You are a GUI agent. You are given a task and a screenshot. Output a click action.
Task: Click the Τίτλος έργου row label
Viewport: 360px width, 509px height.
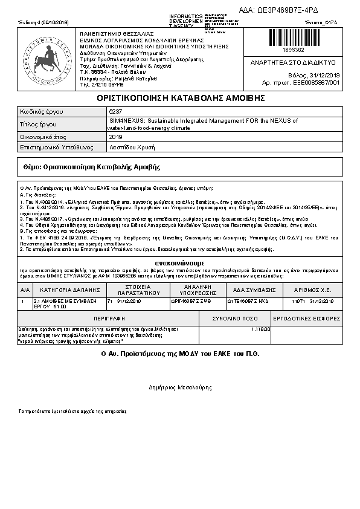(x=39, y=124)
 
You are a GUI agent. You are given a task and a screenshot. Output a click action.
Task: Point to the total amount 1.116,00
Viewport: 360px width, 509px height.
(x=260, y=329)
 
